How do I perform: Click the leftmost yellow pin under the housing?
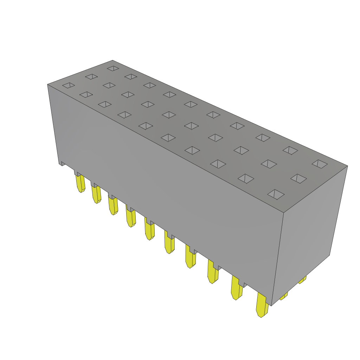(x=81, y=184)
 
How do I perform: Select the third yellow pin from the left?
(x=113, y=206)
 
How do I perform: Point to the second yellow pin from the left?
(x=96, y=195)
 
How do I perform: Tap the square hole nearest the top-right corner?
(x=320, y=164)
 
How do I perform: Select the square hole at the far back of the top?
(x=113, y=68)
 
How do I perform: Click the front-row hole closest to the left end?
(x=69, y=85)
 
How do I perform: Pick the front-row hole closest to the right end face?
(x=276, y=194)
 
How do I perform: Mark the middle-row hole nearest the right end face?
(x=298, y=179)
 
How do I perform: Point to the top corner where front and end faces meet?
(x=284, y=213)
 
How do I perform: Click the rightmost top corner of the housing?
(x=347, y=166)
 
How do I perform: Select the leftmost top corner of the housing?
(x=48, y=84)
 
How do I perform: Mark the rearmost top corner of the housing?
(x=112, y=60)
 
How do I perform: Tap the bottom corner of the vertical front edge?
(x=271, y=305)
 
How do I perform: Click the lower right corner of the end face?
(x=329, y=255)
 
